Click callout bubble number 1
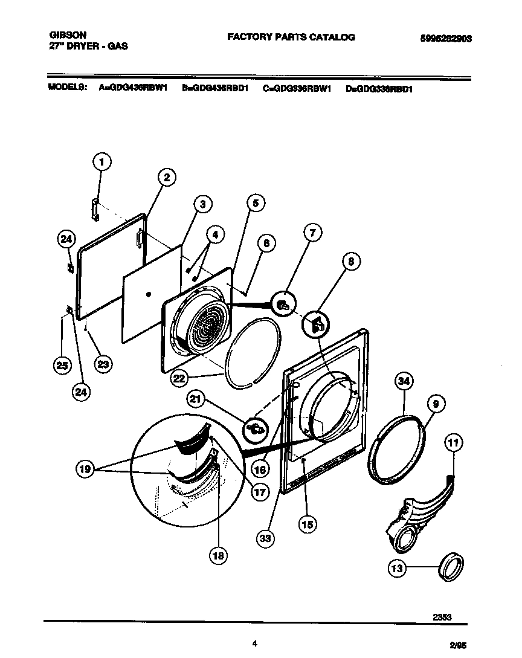(102, 162)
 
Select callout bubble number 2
(167, 177)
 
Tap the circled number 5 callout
(256, 204)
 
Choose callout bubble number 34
(405, 381)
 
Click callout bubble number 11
(453, 444)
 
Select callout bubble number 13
(398, 568)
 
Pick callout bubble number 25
(62, 364)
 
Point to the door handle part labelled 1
(95, 208)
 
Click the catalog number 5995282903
(446, 37)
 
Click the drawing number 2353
(442, 617)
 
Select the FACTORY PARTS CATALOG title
(291, 37)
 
